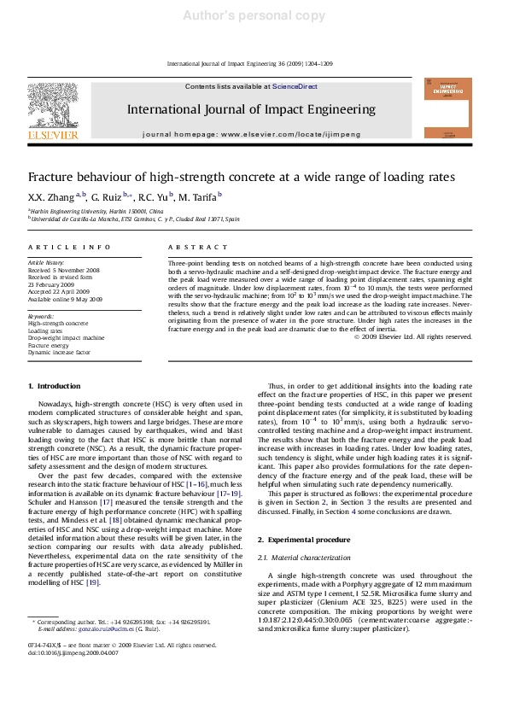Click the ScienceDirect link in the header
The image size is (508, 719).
289,87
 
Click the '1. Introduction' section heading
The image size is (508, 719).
54,386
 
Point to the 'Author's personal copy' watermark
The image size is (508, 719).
254,16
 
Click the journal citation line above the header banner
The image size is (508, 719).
254,64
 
